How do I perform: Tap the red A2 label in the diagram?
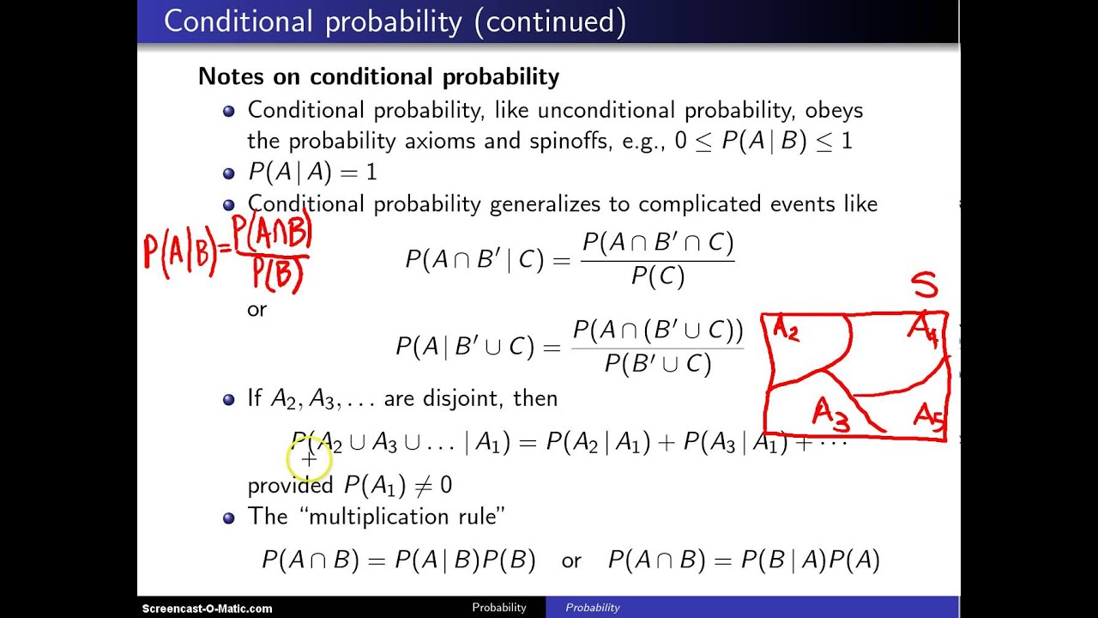[x=787, y=329]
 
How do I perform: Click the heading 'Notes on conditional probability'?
[x=378, y=76]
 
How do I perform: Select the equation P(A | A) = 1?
[x=312, y=172]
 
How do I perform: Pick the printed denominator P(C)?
[x=657, y=276]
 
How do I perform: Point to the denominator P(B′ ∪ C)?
[x=657, y=364]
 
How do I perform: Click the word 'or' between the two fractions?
[x=256, y=309]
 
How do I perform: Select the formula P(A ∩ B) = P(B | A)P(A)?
[x=744, y=560]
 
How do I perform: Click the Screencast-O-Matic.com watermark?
[x=207, y=608]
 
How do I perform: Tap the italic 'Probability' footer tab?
[x=592, y=608]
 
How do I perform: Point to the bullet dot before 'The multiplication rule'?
[x=228, y=518]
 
